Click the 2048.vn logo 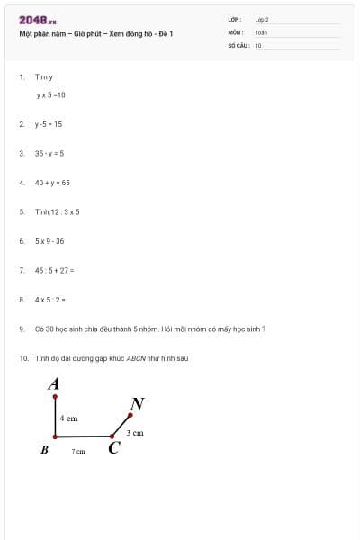[38, 20]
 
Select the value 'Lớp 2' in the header [262, 19]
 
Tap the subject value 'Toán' [261, 31]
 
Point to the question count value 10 [258, 44]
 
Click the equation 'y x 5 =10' [51, 94]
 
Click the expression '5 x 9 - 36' [49, 241]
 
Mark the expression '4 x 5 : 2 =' [51, 300]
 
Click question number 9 [21, 329]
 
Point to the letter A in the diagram [54, 383]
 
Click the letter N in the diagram [138, 403]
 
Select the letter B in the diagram [44, 449]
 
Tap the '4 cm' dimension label [68, 418]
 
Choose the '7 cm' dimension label [78, 451]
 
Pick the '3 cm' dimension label [135, 433]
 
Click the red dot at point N [130, 416]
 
